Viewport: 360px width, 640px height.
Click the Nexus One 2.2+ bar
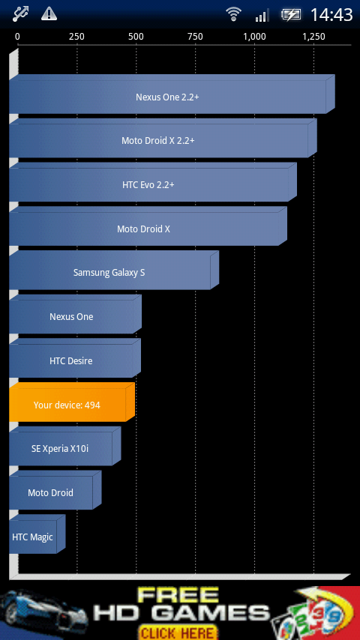point(172,94)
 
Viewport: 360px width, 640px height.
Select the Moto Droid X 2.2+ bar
point(163,138)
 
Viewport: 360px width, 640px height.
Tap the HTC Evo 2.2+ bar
point(153,182)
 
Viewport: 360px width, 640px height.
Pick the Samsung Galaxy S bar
point(113,271)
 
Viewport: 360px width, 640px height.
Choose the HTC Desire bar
point(75,358)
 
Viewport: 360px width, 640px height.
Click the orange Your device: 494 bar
point(72,402)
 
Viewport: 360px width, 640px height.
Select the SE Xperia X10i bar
point(65,446)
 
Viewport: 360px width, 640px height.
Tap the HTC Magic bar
point(37,534)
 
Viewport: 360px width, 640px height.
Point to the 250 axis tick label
point(76,37)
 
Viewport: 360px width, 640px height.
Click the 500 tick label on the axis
point(136,37)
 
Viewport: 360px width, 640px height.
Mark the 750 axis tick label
point(195,37)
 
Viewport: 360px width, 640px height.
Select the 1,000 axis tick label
point(254,37)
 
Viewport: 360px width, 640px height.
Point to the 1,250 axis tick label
point(313,37)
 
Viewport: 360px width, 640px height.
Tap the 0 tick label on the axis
point(17,37)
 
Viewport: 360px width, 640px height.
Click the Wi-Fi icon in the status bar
point(233,15)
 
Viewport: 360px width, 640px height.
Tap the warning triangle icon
point(49,14)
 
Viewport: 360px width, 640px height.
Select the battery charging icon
point(290,15)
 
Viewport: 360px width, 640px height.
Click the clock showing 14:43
point(331,15)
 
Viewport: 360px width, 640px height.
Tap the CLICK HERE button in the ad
point(177,633)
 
